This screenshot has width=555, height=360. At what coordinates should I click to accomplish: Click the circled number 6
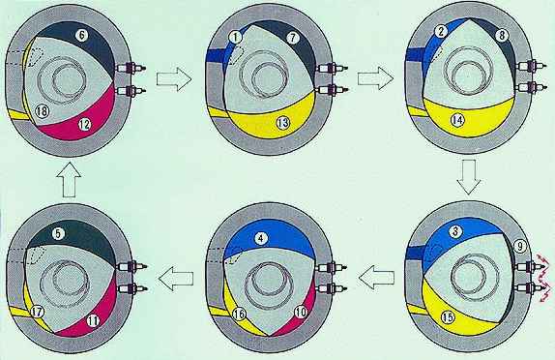click(82, 35)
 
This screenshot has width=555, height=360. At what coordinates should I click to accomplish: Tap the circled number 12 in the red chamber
click(84, 125)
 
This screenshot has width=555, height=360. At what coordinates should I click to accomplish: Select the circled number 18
click(42, 111)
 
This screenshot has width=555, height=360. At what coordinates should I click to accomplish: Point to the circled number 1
click(235, 37)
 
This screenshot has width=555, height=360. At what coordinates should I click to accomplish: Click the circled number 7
click(292, 38)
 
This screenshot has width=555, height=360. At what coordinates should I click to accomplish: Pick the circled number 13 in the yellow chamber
click(282, 123)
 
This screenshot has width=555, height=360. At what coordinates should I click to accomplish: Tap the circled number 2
click(441, 32)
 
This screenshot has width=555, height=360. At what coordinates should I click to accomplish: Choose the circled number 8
click(502, 36)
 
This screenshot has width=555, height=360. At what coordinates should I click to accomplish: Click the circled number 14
click(457, 120)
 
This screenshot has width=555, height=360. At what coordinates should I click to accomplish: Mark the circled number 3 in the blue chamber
click(455, 231)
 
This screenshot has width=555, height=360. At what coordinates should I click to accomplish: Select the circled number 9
click(520, 247)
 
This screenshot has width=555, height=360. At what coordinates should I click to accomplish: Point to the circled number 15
click(448, 317)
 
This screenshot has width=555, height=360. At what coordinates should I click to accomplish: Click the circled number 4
click(260, 239)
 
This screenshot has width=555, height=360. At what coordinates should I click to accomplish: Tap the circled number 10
click(301, 313)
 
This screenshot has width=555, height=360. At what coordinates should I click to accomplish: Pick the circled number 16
click(240, 314)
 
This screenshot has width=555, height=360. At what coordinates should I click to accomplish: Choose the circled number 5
click(58, 233)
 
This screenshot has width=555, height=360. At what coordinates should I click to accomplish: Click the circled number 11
click(93, 321)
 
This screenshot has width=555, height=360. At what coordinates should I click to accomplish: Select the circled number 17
click(37, 313)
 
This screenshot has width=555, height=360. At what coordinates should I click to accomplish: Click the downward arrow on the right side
click(469, 177)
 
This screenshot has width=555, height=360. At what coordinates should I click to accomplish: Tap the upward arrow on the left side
click(69, 180)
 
